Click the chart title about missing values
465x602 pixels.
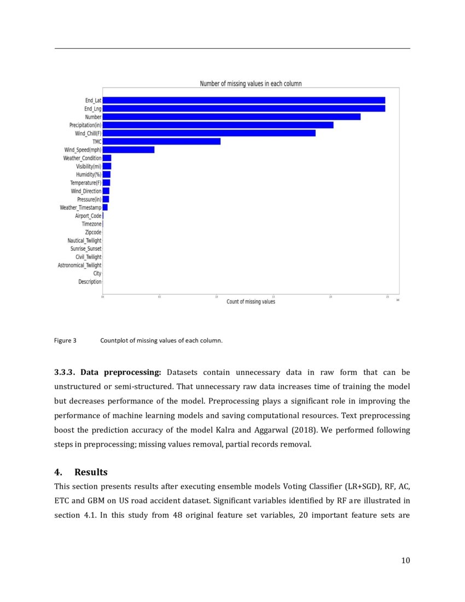tap(251, 84)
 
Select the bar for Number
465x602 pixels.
tap(231, 117)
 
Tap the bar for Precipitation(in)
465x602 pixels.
tap(218, 125)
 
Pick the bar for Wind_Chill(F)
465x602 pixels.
tap(209, 133)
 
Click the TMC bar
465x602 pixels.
tap(161, 141)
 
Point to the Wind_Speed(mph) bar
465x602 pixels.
tap(129, 149)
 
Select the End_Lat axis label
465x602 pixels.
tap(93, 101)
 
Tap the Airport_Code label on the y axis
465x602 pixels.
tap(88, 216)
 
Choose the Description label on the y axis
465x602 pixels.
tap(90, 281)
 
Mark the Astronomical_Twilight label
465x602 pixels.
tap(80, 265)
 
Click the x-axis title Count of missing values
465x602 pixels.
tap(251, 302)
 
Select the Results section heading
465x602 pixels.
tap(91, 472)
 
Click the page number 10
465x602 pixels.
tap(405, 560)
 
